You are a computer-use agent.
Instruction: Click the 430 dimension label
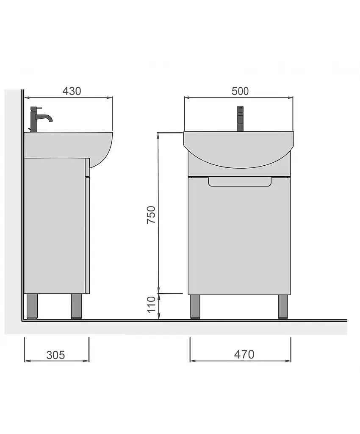72,91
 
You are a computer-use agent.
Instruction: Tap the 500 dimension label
240,91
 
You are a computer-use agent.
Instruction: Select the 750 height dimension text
151,215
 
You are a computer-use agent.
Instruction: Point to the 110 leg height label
151,304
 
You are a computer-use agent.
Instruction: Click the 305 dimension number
55,355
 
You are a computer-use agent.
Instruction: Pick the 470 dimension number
244,354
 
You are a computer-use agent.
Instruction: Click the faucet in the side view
39,119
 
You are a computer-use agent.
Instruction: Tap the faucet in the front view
240,119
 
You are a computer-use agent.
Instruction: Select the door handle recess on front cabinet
240,182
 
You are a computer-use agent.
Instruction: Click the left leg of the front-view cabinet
195,307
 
